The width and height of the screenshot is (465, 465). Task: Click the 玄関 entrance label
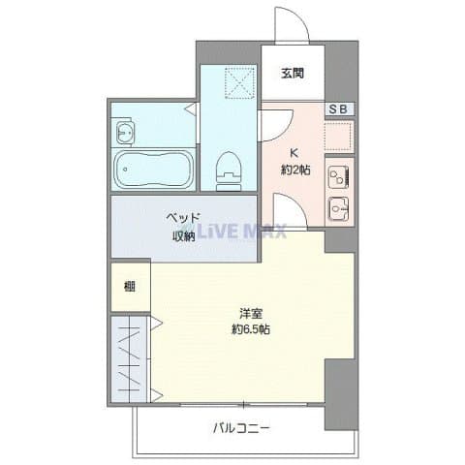pos(293,74)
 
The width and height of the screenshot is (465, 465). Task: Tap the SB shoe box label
pos(338,109)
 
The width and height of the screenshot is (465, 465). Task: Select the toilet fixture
pos(229,171)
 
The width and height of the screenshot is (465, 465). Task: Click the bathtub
pos(154,170)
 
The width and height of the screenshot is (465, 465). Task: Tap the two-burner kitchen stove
pos(338,177)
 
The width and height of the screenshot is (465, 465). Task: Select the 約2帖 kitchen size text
pos(295,170)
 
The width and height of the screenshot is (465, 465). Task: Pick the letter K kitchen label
pos(294,153)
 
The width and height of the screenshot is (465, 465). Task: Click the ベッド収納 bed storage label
pos(183,227)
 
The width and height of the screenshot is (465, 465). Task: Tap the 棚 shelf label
pos(130,287)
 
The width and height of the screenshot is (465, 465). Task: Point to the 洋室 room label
pos(251,314)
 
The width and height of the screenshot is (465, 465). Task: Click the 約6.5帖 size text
pos(251,329)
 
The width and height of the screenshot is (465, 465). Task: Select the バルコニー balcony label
pos(241,428)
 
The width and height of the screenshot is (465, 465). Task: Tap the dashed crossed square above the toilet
pos(240,82)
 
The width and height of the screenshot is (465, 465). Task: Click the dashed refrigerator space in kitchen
pos(339,136)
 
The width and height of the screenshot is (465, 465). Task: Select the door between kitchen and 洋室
pos(290,211)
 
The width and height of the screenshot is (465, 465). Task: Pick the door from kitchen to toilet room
pos(276,126)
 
